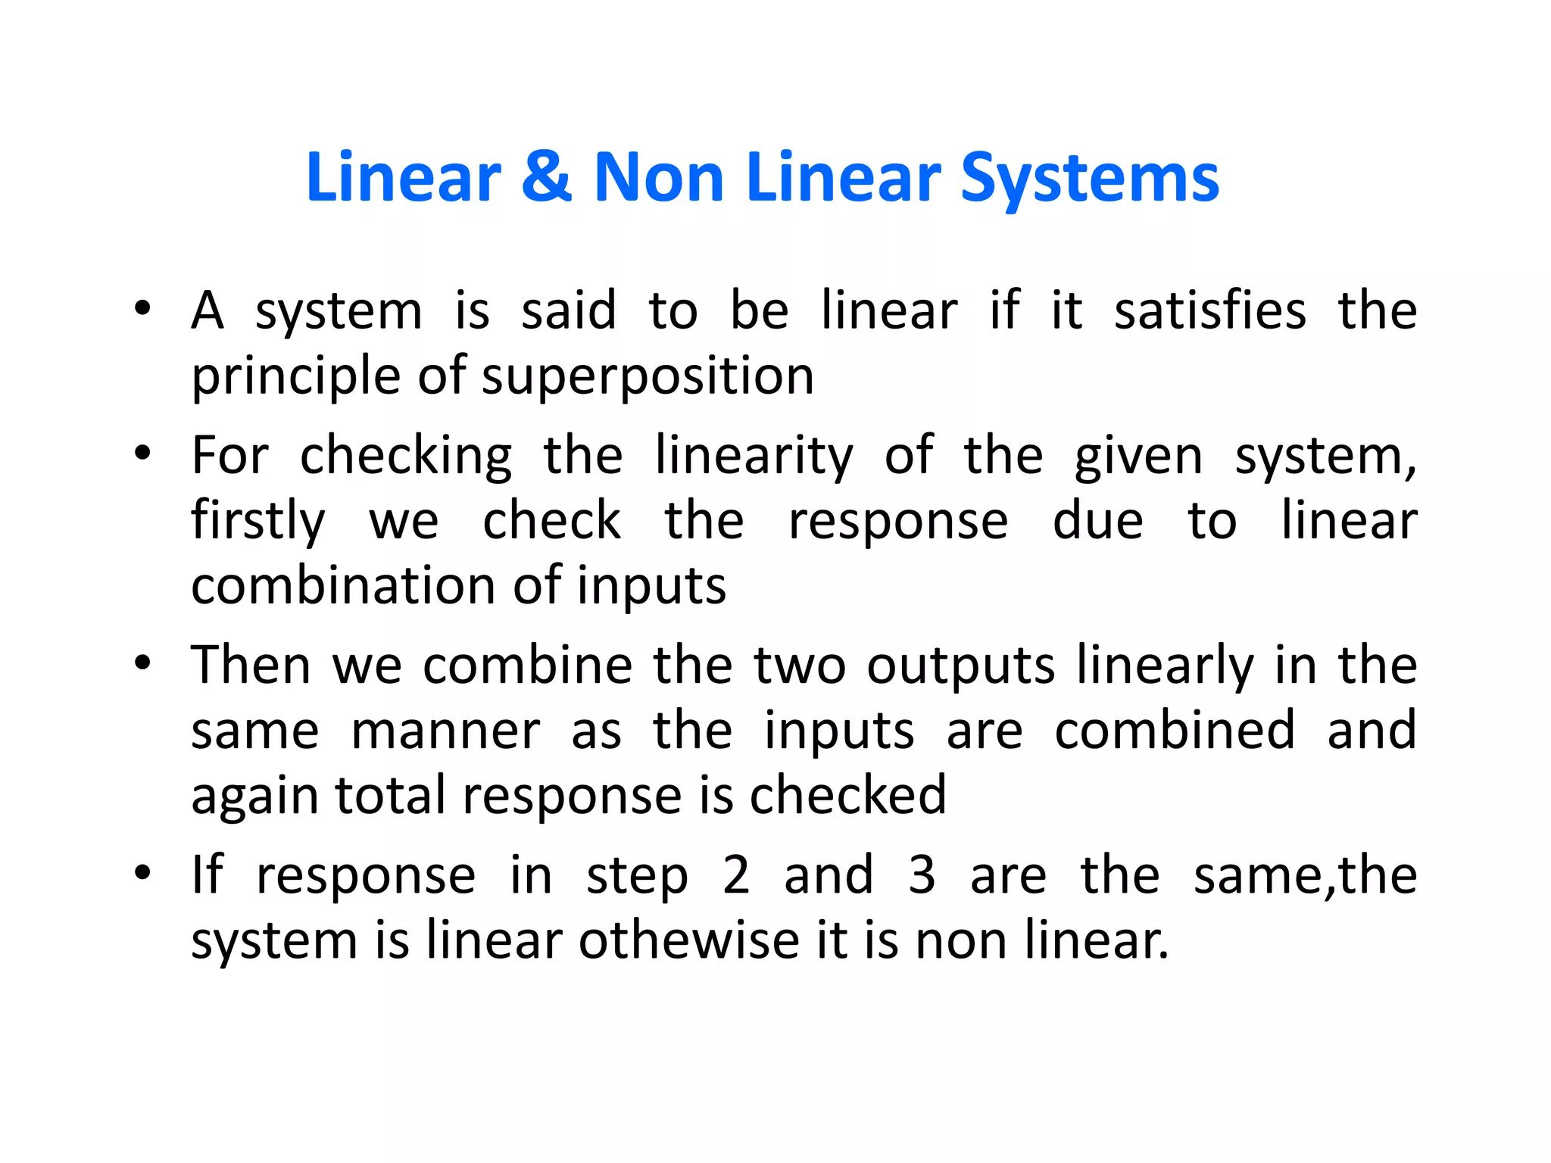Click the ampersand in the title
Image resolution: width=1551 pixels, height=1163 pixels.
pos(545,179)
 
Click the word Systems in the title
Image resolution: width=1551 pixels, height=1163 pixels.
pos(1090,180)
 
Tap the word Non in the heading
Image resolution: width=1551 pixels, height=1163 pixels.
pos(658,179)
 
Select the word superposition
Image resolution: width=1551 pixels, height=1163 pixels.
pos(648,377)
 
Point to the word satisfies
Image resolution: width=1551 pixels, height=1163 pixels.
pos(1210,311)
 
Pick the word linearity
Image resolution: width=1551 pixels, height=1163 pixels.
pos(754,457)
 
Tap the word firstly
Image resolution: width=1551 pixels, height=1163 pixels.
pos(258,522)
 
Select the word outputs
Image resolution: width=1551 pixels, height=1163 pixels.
pos(960,666)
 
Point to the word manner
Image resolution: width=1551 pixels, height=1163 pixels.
pos(445,731)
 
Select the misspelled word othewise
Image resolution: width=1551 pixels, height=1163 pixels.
pos(689,941)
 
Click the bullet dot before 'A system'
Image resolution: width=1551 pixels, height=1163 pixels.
pos(142,310)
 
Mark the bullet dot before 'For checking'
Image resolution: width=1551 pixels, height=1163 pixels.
pos(142,454)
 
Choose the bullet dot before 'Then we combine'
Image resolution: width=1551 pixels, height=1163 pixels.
pos(142,664)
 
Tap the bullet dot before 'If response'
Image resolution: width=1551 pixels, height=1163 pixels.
pos(142,874)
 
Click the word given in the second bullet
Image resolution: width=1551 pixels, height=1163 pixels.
pos(1138,457)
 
